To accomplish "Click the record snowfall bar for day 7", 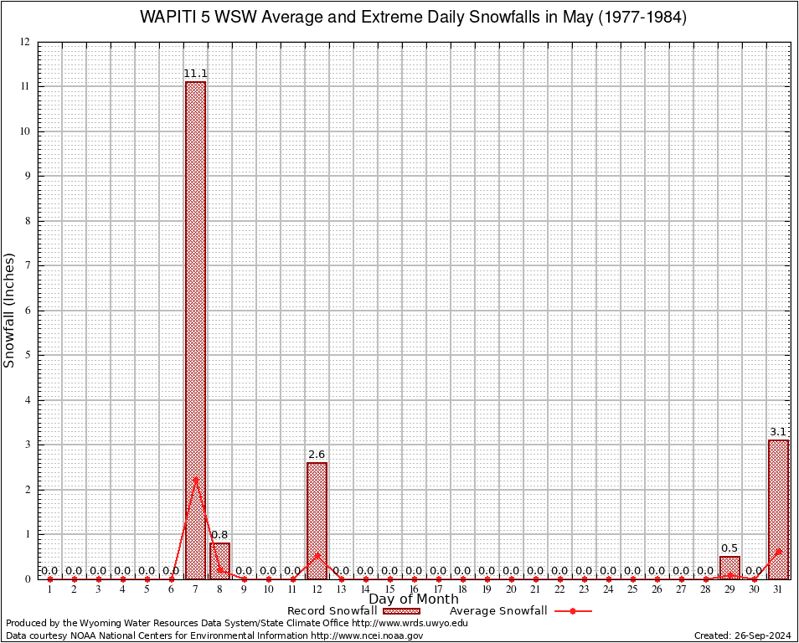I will point(195,330).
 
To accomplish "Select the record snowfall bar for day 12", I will point(317,520).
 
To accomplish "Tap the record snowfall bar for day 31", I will point(779,509).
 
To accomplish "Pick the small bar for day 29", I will point(730,568).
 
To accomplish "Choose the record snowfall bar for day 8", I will point(219,560).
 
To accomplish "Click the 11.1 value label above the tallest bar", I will point(195,74).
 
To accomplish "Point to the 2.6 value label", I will point(317,455).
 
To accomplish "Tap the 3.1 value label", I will point(779,432).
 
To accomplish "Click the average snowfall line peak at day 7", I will point(195,479).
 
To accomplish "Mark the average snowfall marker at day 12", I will point(317,554).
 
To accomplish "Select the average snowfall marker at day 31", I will point(779,551).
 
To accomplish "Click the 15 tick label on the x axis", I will point(389,589).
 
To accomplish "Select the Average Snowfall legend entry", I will point(520,610).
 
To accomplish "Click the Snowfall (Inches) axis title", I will point(10,310).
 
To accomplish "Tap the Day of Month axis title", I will point(414,599).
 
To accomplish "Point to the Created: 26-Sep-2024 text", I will point(742,635).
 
